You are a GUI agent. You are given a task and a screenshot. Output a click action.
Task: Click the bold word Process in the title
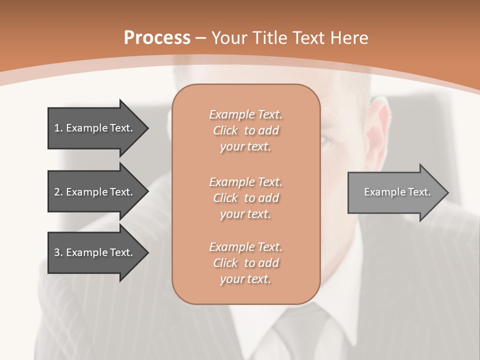tap(157, 38)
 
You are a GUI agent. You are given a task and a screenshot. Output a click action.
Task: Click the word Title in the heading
tap(270, 38)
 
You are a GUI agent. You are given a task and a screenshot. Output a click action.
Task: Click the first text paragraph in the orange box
tap(245, 130)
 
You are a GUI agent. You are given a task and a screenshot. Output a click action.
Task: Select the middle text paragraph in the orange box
tap(245, 198)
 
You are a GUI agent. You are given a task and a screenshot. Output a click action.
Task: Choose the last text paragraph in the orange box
tap(245, 263)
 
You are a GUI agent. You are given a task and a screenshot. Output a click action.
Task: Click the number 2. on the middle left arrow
tap(58, 192)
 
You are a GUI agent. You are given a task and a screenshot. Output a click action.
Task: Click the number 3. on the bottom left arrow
tap(58, 252)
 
